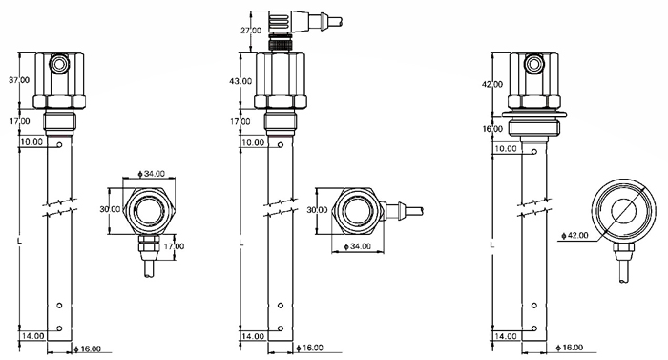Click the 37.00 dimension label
[x=20, y=80]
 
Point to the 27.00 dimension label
[x=251, y=31]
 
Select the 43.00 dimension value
[x=240, y=81]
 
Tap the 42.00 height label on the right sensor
[x=492, y=84]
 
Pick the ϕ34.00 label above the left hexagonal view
[x=151, y=174]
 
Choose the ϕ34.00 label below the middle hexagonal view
[x=358, y=246]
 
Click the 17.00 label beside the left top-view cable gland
[x=174, y=246]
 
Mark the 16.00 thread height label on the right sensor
[x=492, y=129]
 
